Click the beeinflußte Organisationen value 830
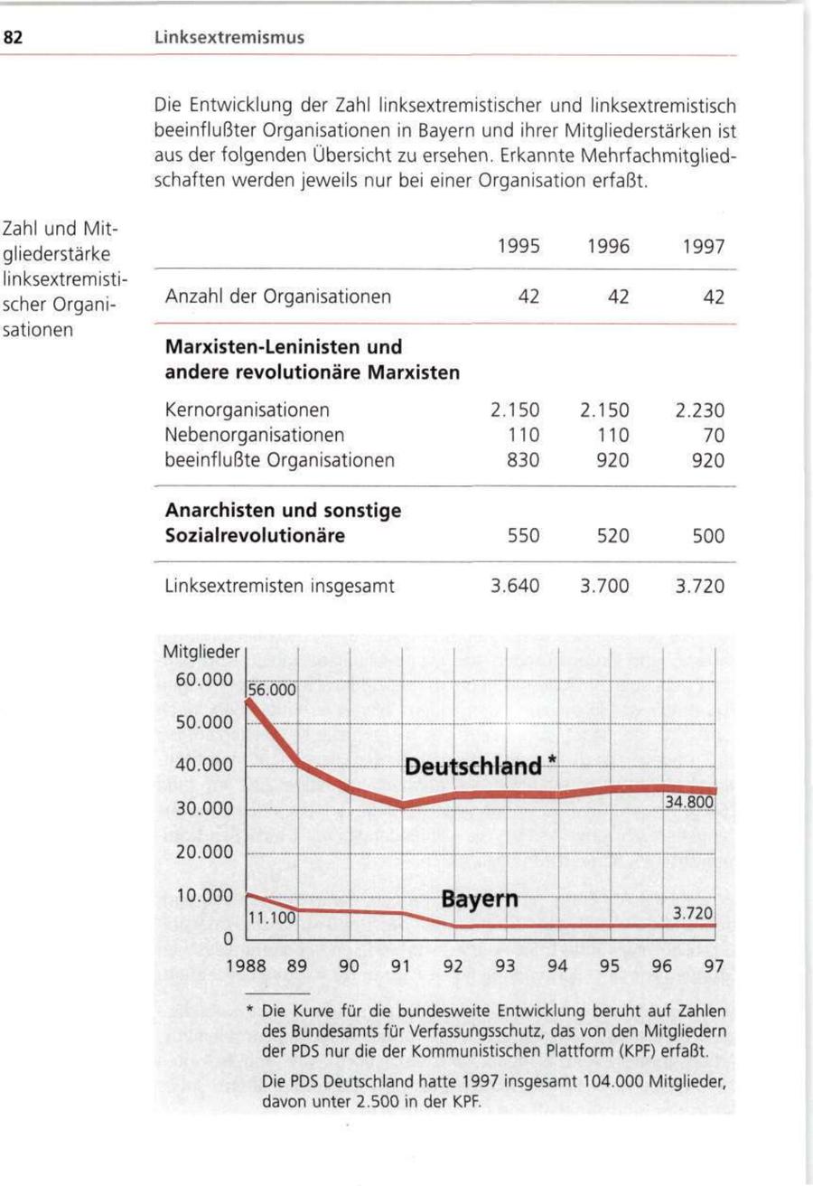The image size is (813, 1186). pos(523,460)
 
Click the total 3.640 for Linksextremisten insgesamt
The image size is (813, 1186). pos(515,586)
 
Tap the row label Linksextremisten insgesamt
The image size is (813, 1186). pos(280,586)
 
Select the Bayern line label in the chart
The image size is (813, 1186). pos(480,900)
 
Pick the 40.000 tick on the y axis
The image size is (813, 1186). pos(203,766)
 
